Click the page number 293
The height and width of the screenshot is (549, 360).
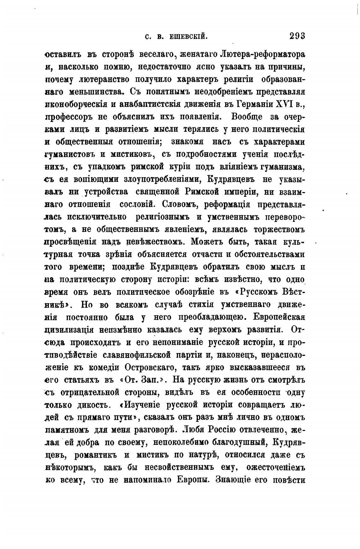(297, 36)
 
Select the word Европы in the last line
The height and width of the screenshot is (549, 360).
(193, 480)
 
